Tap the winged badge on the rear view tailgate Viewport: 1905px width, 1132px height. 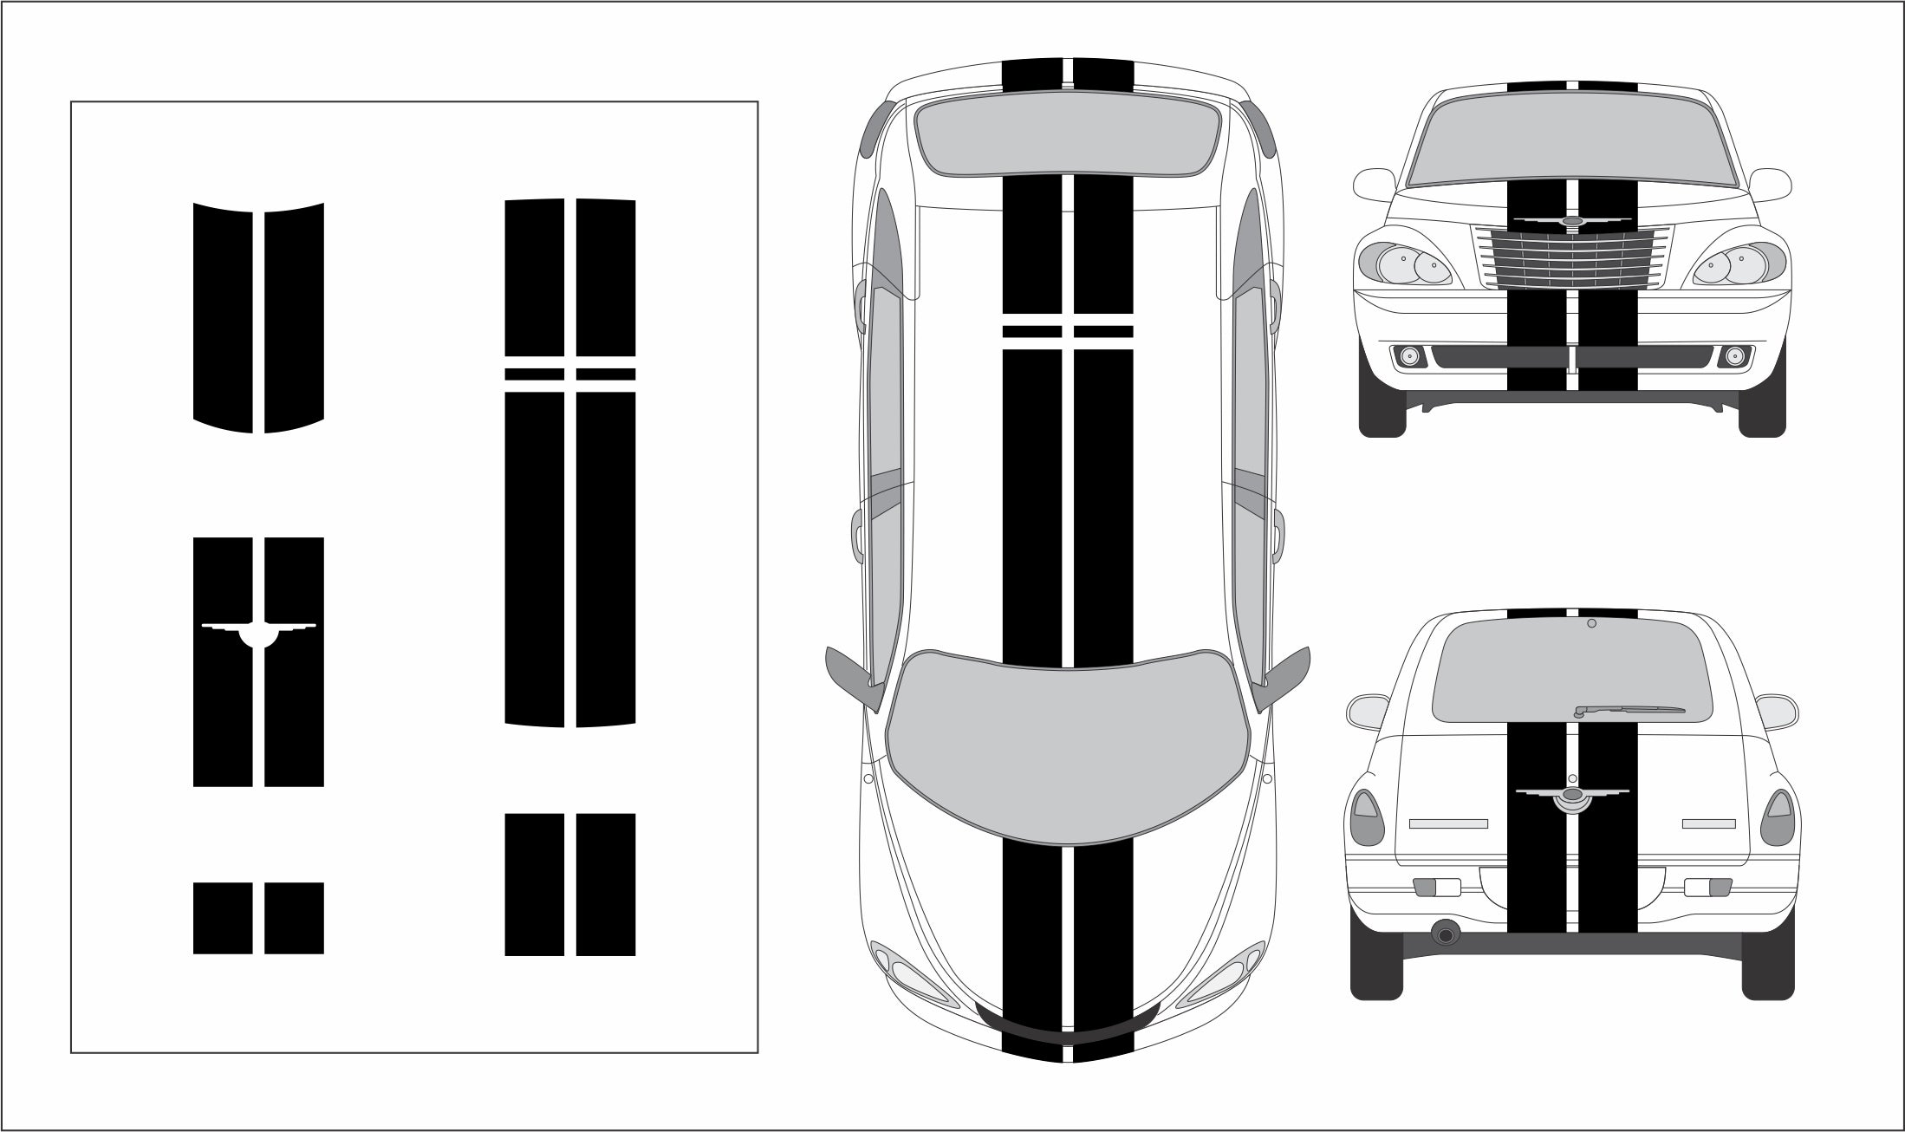click(1571, 797)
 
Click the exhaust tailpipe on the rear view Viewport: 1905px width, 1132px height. click(1445, 934)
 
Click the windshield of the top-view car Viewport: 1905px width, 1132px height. click(1068, 754)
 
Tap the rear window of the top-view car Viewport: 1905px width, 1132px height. click(1068, 139)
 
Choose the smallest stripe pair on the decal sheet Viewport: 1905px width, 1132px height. click(258, 918)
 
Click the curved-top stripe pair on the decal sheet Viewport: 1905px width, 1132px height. click(258, 316)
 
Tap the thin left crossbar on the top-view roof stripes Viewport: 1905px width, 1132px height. click(1031, 331)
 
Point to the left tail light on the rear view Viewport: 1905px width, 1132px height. click(1364, 819)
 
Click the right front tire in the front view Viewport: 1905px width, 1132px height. click(1762, 416)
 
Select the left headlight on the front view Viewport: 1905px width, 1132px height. click(1404, 263)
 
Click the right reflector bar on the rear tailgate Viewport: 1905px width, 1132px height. click(1707, 823)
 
